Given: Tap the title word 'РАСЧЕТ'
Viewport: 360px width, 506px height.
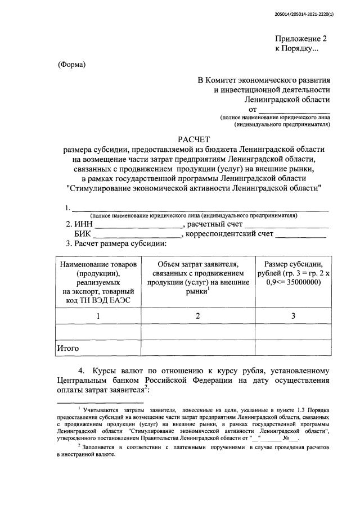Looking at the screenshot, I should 193,138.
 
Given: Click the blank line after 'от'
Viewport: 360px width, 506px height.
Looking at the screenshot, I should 294,110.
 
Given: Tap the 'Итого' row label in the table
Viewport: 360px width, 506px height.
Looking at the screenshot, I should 68,349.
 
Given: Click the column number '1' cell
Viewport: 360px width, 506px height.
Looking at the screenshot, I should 98,316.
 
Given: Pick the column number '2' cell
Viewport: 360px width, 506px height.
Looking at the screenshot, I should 198,316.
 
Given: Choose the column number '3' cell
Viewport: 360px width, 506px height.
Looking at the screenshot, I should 293,316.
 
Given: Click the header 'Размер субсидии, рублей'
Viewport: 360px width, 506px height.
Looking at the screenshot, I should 293,269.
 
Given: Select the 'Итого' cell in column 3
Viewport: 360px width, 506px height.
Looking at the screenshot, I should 293,349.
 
